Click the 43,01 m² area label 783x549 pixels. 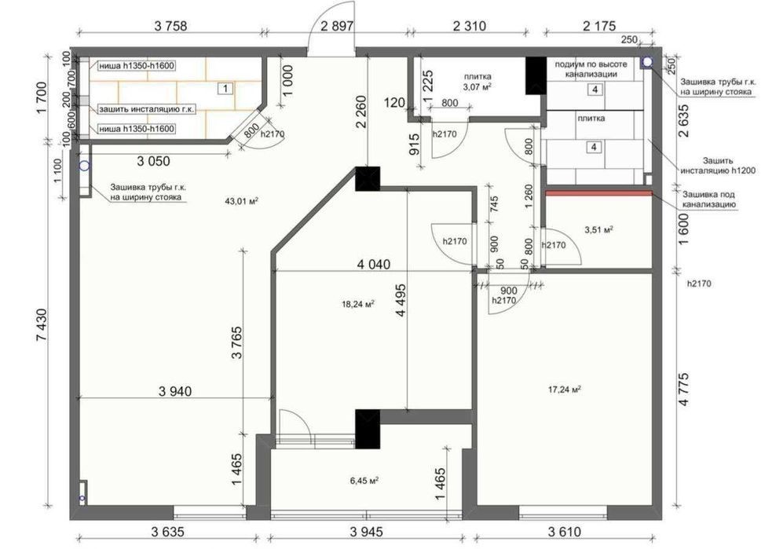pyautogui.click(x=241, y=201)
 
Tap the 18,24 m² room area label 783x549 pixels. pyautogui.click(x=358, y=303)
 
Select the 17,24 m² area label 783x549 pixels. pyautogui.click(x=565, y=389)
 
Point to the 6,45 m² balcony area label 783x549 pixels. pyautogui.click(x=364, y=481)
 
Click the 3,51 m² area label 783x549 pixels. pyautogui.click(x=598, y=230)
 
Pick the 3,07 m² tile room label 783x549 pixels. pyautogui.click(x=477, y=87)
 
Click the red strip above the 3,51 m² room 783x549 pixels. pyautogui.click(x=598, y=192)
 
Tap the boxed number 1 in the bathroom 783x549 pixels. pyautogui.click(x=225, y=89)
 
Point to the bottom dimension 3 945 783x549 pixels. pyautogui.click(x=366, y=532)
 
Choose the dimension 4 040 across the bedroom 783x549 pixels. pyautogui.click(x=374, y=264)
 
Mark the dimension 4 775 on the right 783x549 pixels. pyautogui.click(x=683, y=388)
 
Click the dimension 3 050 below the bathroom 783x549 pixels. pyautogui.click(x=154, y=161)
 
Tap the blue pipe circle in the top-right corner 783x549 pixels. pyautogui.click(x=647, y=62)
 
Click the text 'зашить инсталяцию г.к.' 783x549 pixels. pyautogui.click(x=147, y=108)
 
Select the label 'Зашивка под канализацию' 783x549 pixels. pyautogui.click(x=708, y=199)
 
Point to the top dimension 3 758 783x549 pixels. pyautogui.click(x=170, y=26)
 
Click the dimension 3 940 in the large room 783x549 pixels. pyautogui.click(x=175, y=391)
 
